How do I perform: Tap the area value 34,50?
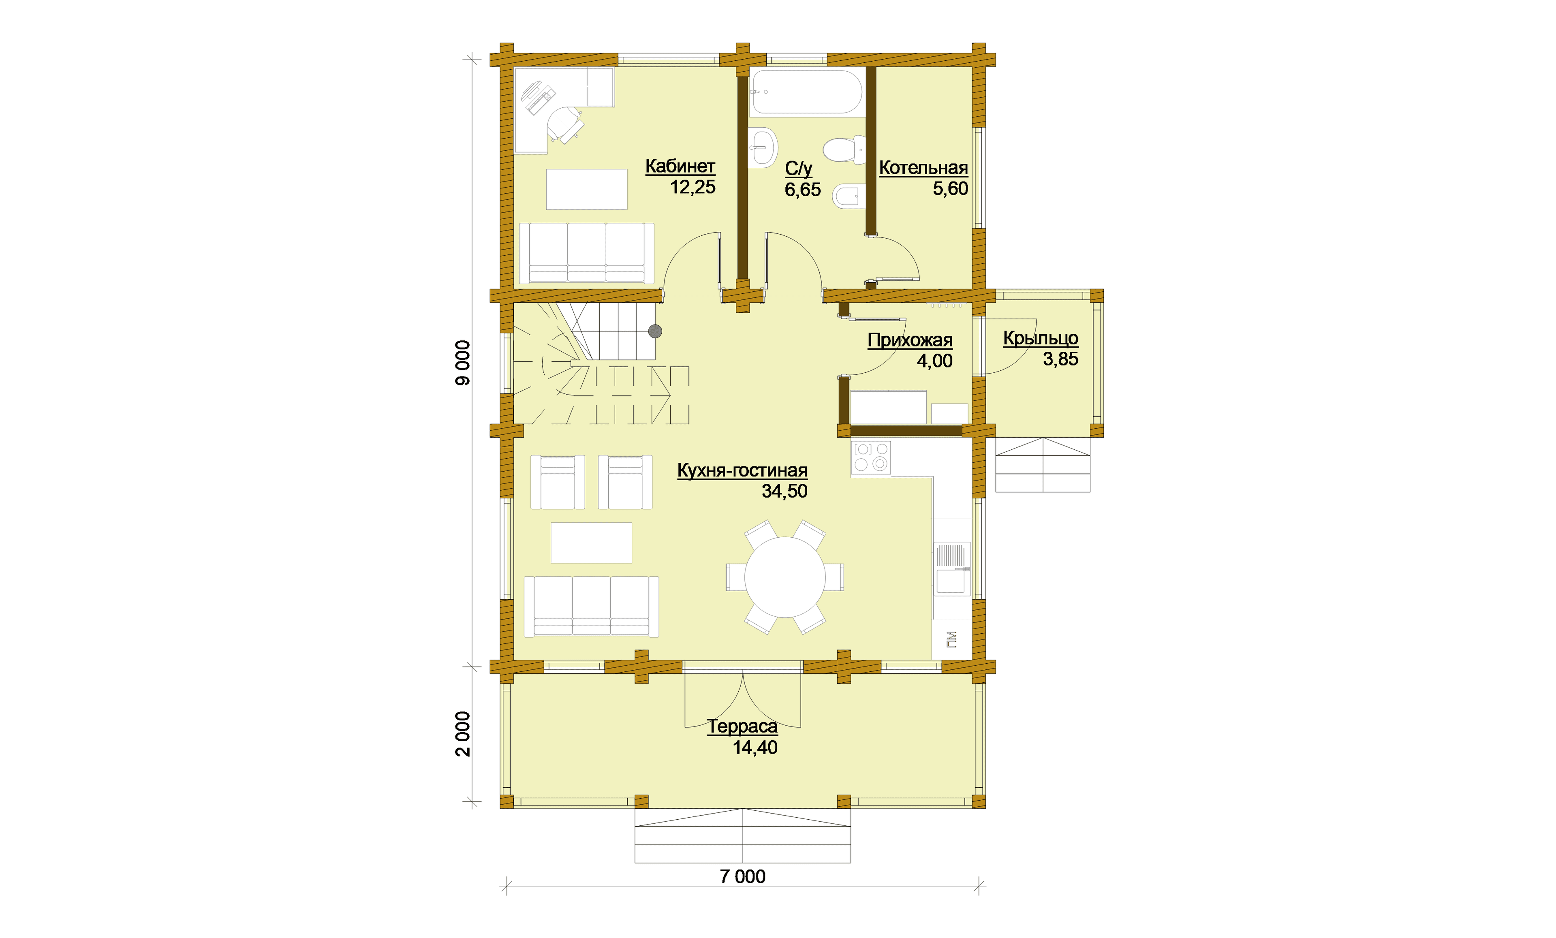pyautogui.click(x=784, y=491)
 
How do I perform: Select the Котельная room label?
pyautogui.click(x=923, y=168)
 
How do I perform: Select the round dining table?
pyautogui.click(x=785, y=577)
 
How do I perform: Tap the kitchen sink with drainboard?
pyautogui.click(x=952, y=568)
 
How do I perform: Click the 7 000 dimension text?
pyautogui.click(x=743, y=876)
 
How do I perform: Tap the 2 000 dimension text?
pyautogui.click(x=464, y=733)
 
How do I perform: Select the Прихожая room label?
pyautogui.click(x=910, y=340)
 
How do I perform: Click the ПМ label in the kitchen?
pyautogui.click(x=952, y=639)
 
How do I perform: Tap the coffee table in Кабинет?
pyautogui.click(x=587, y=189)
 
